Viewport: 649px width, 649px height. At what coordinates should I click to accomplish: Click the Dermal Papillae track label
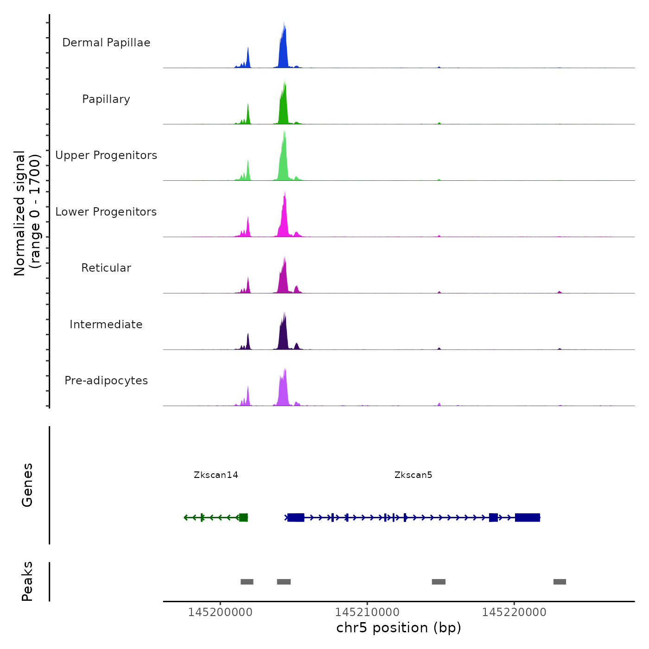(106, 43)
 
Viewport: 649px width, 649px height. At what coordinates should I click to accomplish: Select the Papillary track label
(106, 99)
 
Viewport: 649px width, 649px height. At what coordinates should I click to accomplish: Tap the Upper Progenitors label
(106, 155)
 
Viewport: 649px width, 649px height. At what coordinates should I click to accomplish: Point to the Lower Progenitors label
(106, 212)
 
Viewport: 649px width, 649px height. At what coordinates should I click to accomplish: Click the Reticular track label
(106, 268)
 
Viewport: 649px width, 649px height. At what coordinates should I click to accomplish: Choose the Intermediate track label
(106, 324)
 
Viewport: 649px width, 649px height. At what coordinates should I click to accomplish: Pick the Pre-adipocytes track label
(106, 381)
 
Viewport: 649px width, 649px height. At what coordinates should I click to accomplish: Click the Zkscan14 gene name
(216, 475)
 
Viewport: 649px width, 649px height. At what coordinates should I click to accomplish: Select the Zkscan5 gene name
(413, 475)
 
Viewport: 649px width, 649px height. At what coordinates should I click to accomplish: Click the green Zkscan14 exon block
(243, 517)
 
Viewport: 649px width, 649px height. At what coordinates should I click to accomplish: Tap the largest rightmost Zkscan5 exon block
(528, 517)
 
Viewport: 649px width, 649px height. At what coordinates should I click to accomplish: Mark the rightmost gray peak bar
(560, 582)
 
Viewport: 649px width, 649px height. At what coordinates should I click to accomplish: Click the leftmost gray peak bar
(247, 582)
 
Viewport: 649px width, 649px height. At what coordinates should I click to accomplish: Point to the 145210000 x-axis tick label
(367, 612)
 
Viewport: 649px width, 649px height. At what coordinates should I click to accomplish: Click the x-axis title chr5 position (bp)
(399, 628)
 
